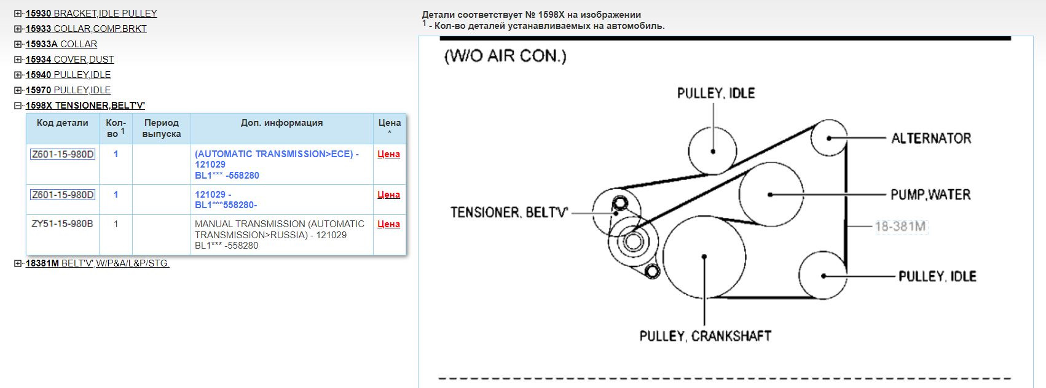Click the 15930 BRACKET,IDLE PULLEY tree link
point(91,14)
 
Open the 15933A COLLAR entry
point(61,44)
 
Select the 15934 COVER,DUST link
point(69,60)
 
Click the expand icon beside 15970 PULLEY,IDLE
point(18,90)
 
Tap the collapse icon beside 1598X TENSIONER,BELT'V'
point(18,106)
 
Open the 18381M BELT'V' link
point(97,263)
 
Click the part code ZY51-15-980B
point(62,224)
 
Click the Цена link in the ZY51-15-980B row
point(388,224)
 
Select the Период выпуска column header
point(162,128)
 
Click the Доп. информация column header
point(281,123)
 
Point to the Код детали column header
point(63,123)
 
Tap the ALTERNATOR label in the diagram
point(931,139)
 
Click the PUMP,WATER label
point(930,195)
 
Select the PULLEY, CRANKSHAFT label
point(705,336)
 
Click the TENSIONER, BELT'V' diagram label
point(509,212)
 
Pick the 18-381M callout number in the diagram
point(900,227)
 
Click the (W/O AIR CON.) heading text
point(505,56)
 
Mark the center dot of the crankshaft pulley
point(704,257)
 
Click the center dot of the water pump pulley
point(771,195)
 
